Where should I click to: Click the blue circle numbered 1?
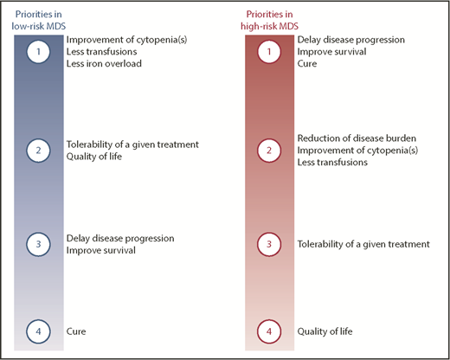(37, 53)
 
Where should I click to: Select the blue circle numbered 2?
(37, 150)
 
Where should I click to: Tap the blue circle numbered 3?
(37, 244)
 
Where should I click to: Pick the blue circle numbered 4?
(37, 331)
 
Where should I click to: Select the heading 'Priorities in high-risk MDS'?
(269, 19)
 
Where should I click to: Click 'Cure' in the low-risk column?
(76, 331)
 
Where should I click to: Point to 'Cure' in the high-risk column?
(307, 65)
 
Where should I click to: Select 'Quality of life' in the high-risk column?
(326, 331)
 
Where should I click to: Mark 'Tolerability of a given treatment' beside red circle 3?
(363, 244)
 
